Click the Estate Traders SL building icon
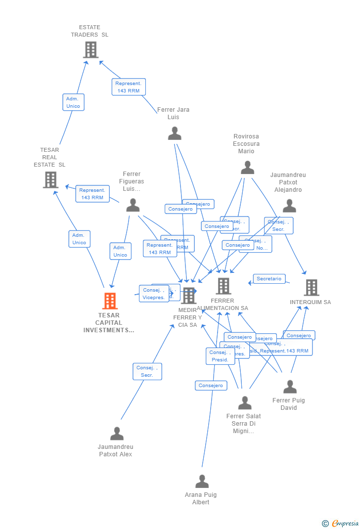90,50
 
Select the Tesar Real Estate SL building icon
50,180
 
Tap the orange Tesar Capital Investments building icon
110,301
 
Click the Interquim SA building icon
311,288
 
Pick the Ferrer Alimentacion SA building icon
224,286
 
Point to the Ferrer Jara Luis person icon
175,133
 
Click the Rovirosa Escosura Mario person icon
247,168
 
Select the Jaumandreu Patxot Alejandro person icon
289,206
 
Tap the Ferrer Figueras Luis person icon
133,205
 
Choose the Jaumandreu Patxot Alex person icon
117,434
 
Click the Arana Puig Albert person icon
202,482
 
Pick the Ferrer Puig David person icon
290,387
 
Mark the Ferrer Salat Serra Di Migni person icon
245,403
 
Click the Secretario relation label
269,279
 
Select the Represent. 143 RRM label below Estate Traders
129,87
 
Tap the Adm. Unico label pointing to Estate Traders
73,102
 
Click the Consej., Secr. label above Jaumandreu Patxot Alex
147,371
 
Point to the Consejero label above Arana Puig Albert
211,386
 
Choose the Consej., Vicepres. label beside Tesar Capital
154,294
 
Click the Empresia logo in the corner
341,523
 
